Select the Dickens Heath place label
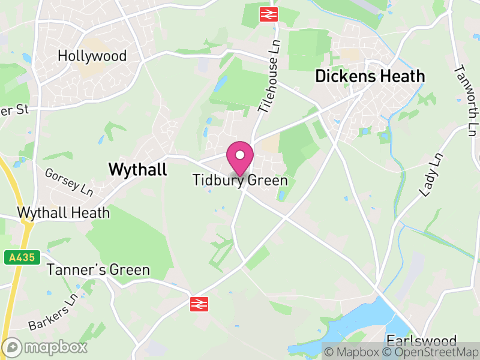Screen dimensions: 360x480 [370, 77]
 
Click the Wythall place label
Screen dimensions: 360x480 [137, 170]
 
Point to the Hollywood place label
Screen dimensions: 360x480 [92, 56]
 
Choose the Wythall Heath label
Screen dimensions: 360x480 [64, 213]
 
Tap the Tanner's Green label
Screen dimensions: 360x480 [98, 270]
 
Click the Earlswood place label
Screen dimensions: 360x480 [422, 340]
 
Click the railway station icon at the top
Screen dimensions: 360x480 [268, 14]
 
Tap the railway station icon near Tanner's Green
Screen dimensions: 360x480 [199, 304]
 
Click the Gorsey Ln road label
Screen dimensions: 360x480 [69, 182]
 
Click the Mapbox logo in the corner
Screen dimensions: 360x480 [45, 347]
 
